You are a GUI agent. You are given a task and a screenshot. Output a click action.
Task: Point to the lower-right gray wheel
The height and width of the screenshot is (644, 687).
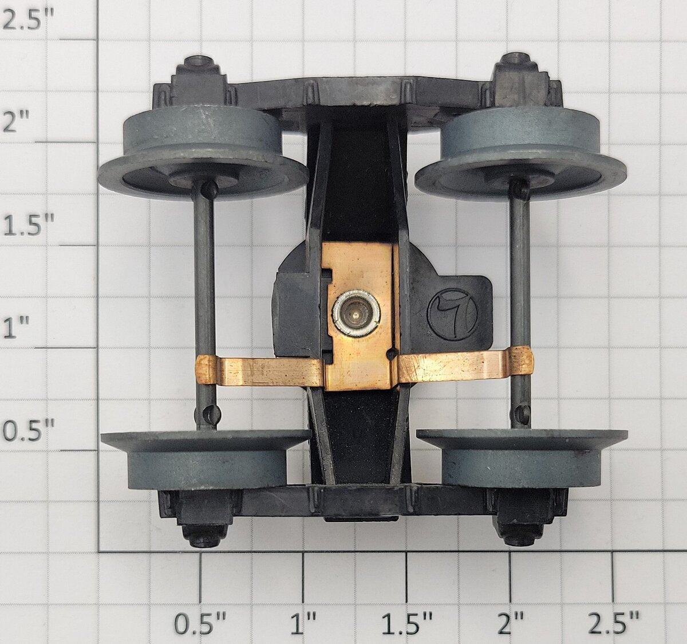[522, 457]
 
